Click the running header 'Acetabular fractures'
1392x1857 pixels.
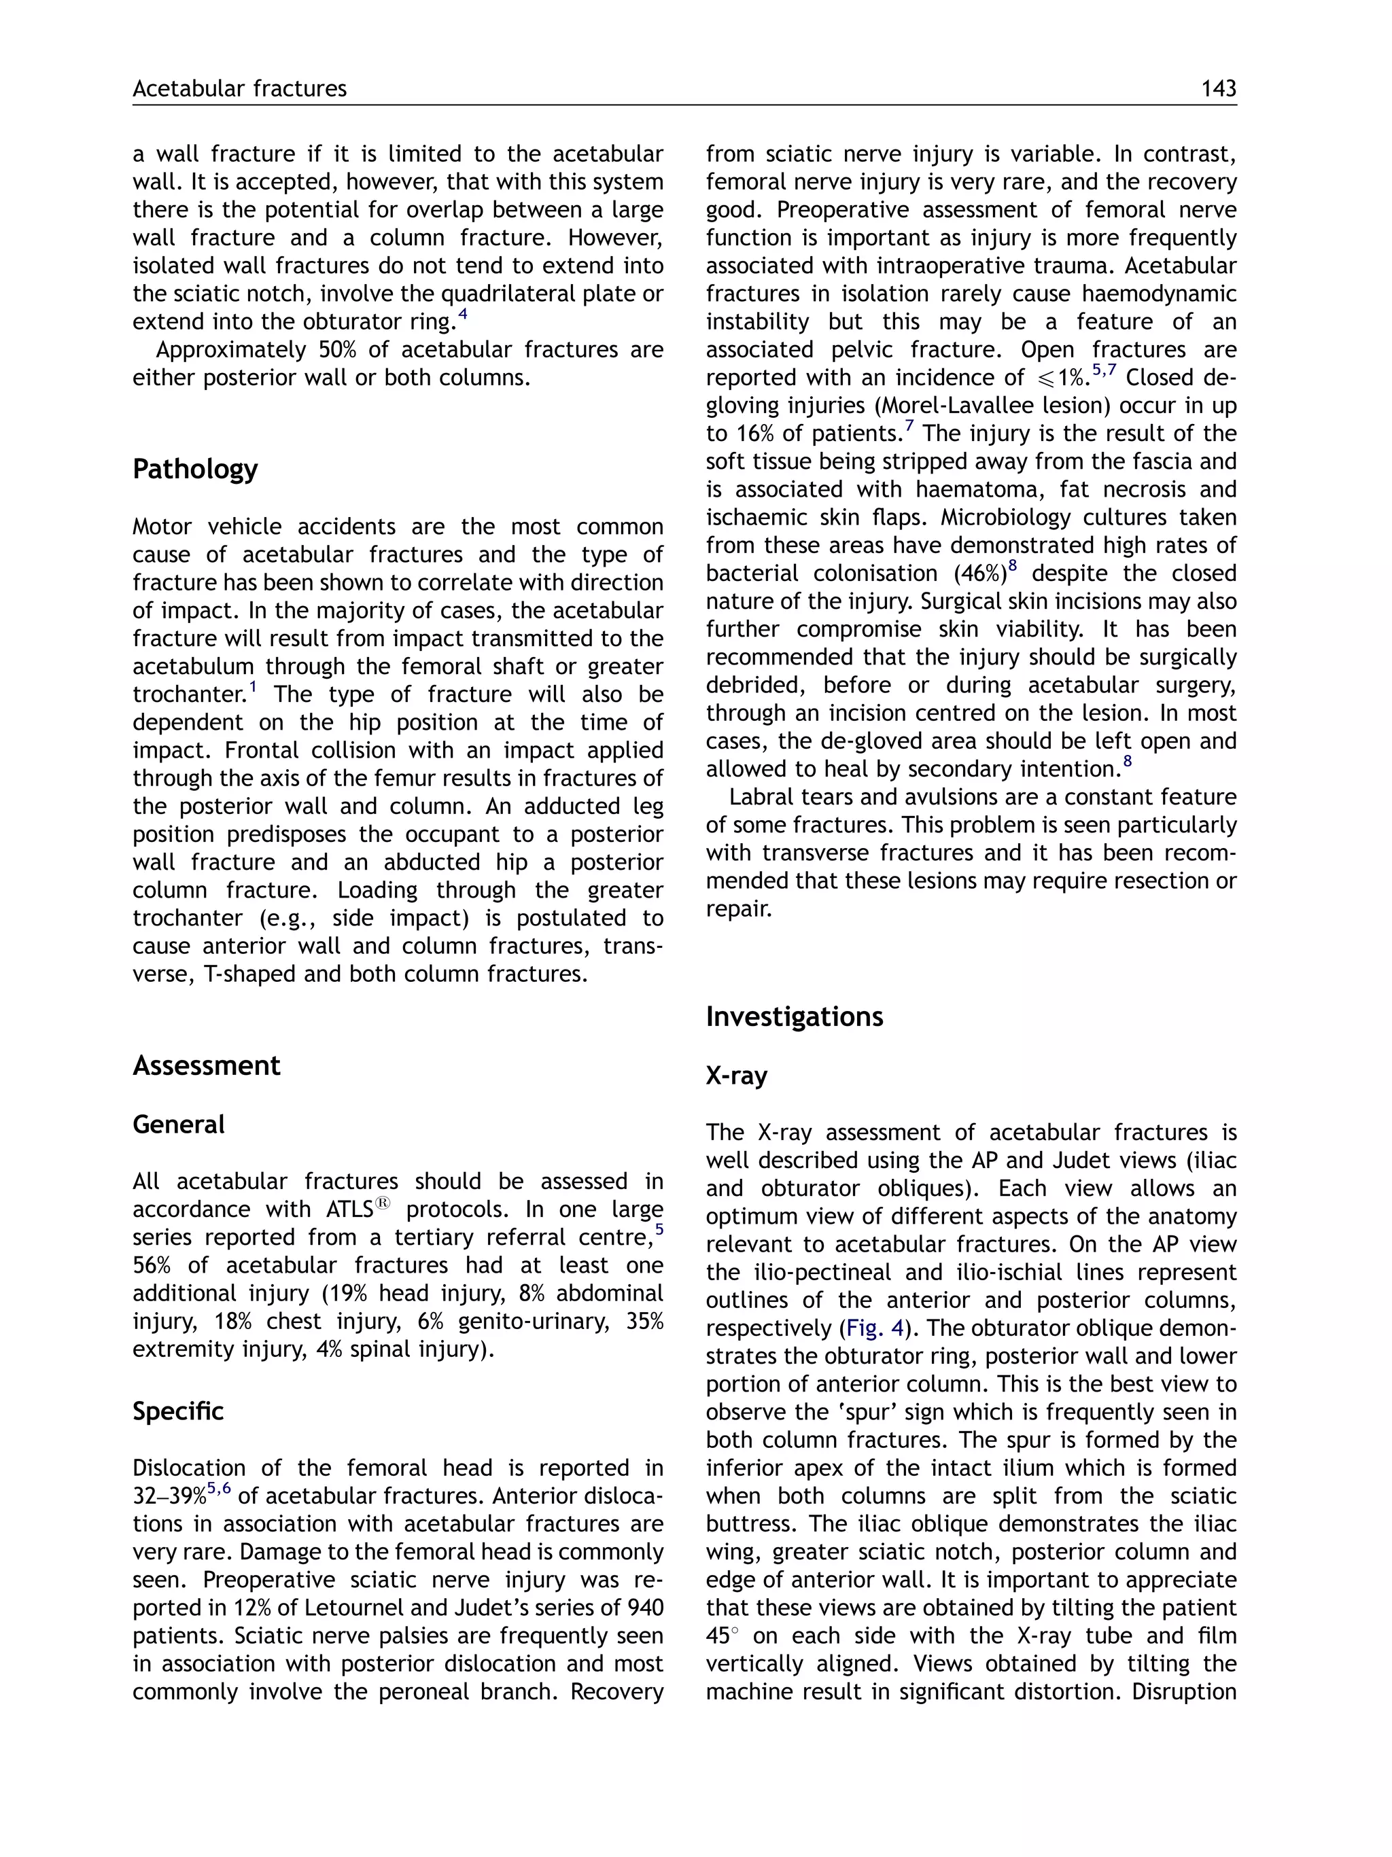coord(239,89)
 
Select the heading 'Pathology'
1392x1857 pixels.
coord(195,468)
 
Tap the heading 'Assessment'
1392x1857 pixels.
coord(207,1065)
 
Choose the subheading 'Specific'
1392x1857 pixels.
coord(178,1411)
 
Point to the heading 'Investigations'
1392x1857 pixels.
coord(795,1016)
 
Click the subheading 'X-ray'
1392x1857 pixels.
coord(736,1076)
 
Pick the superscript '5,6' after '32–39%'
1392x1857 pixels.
coord(218,1489)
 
